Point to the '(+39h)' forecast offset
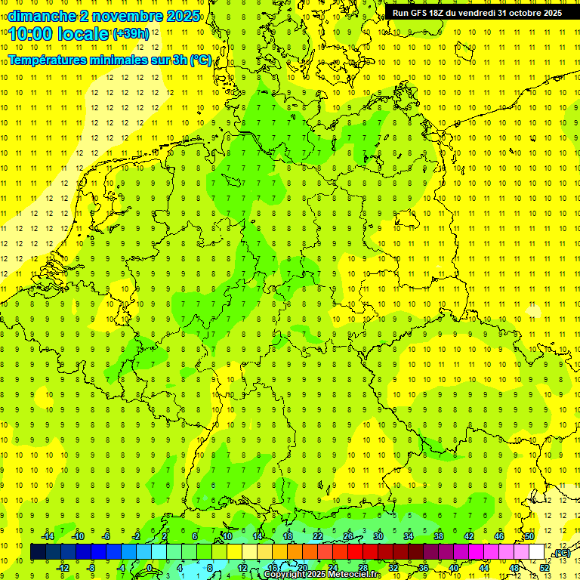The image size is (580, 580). click(x=131, y=34)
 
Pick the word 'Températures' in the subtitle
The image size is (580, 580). click(x=48, y=60)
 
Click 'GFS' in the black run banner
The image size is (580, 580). click(x=420, y=13)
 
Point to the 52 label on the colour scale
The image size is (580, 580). click(x=545, y=568)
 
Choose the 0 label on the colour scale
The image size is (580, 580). click(x=150, y=568)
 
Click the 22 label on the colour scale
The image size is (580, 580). click(x=318, y=536)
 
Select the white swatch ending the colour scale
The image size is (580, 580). click(x=537, y=552)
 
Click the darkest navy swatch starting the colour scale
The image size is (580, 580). click(x=38, y=552)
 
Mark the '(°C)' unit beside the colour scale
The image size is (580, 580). click(x=563, y=554)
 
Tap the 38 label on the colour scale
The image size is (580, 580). click(x=439, y=536)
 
